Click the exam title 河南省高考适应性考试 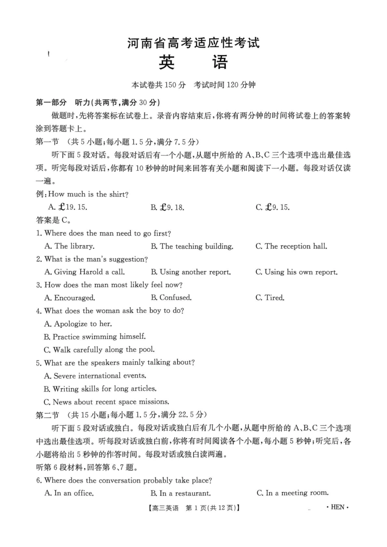pos(193,43)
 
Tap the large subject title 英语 pos(193,62)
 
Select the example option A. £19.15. pos(68,207)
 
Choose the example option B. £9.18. pos(167,207)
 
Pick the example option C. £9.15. pos(273,207)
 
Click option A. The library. pos(69,246)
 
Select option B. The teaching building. pos(192,246)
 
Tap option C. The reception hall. pos(291,246)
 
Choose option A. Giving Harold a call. pos(84,272)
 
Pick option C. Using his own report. pos(297,272)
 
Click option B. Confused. pos(171,298)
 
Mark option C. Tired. pos(270,298)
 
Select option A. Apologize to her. pos(78,324)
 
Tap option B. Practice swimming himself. pos(95,337)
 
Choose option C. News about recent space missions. pos(106,402)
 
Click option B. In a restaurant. pos(180,493)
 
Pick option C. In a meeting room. pos(292,493)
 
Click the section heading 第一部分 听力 pos(98,102)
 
